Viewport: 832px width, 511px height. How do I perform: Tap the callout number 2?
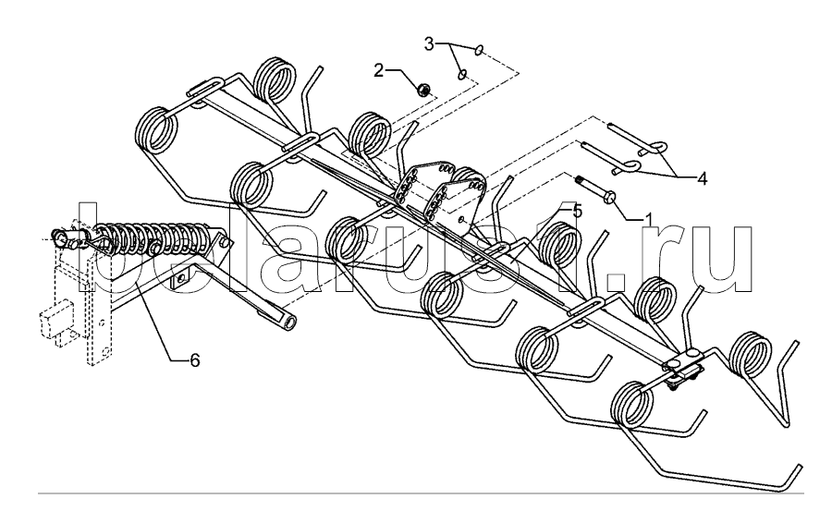(380, 69)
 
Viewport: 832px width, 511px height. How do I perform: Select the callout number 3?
(429, 43)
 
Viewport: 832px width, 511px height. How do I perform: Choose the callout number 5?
(577, 212)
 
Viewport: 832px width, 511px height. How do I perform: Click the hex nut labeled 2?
(420, 90)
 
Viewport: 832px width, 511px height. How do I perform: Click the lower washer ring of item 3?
(463, 74)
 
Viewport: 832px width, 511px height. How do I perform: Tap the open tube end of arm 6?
(289, 321)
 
